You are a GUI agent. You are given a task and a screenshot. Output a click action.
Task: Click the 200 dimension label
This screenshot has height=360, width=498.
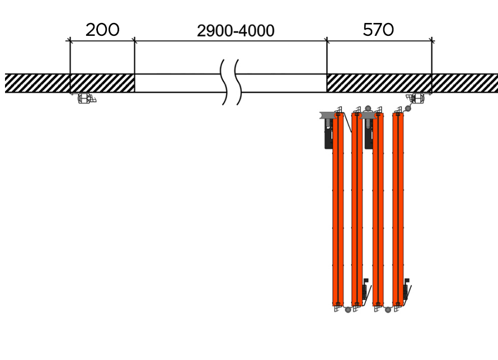pos(102,30)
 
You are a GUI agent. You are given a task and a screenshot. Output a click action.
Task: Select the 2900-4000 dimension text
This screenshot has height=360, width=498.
pos(236,31)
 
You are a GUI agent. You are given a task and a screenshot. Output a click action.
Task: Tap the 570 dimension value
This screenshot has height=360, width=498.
pos(378,30)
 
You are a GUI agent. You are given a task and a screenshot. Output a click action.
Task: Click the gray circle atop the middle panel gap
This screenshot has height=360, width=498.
pos(368,109)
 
